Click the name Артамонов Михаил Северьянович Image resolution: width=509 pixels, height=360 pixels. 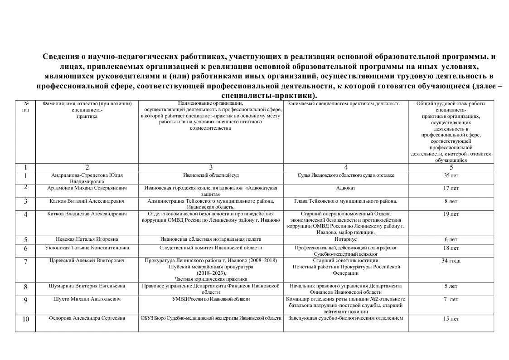87,188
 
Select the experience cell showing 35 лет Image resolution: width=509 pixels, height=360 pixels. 451,175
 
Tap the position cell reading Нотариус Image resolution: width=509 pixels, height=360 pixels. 346,239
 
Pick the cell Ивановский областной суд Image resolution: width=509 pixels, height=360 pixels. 211,175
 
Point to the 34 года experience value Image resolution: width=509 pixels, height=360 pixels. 451,261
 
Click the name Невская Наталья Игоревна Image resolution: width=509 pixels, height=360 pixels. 87,239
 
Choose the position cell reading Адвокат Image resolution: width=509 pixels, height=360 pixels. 346,188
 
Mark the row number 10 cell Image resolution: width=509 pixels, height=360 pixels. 26,319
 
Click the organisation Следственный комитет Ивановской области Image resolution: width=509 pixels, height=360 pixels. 211,248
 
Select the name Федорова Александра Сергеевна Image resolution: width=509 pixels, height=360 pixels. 87,319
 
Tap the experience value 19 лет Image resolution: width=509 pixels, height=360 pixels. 451,214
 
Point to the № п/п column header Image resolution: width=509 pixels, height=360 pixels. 25,107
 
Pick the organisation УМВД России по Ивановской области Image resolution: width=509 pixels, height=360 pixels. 211,299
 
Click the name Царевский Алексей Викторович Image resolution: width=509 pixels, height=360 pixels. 87,261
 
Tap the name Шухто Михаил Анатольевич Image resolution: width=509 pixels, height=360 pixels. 87,299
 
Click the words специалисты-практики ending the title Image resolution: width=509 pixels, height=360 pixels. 268,96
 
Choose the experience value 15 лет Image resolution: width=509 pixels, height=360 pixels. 451,319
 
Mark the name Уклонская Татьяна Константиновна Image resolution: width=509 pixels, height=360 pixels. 87,248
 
